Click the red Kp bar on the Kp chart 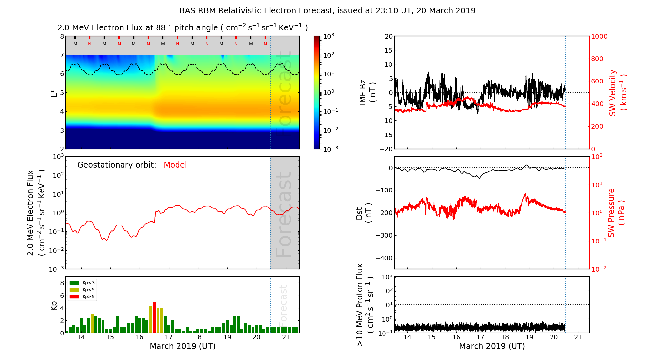pyautogui.click(x=154, y=317)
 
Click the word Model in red pyautogui.click(x=175, y=165)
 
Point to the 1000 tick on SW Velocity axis pyautogui.click(x=599, y=36)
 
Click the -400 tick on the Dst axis pyautogui.click(x=384, y=258)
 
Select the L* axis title pyautogui.click(x=54, y=92)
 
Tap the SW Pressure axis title pyautogui.click(x=616, y=213)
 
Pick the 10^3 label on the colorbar pyautogui.click(x=328, y=36)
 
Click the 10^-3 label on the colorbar pyautogui.click(x=330, y=149)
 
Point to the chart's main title pyautogui.click(x=327, y=11)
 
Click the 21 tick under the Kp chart pyautogui.click(x=286, y=337)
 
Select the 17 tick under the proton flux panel pyautogui.click(x=480, y=337)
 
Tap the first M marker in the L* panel pyautogui.click(x=75, y=44)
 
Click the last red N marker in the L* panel pyautogui.click(x=265, y=44)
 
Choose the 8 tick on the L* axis pyautogui.click(x=62, y=36)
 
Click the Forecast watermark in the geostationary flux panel pyautogui.click(x=284, y=214)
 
